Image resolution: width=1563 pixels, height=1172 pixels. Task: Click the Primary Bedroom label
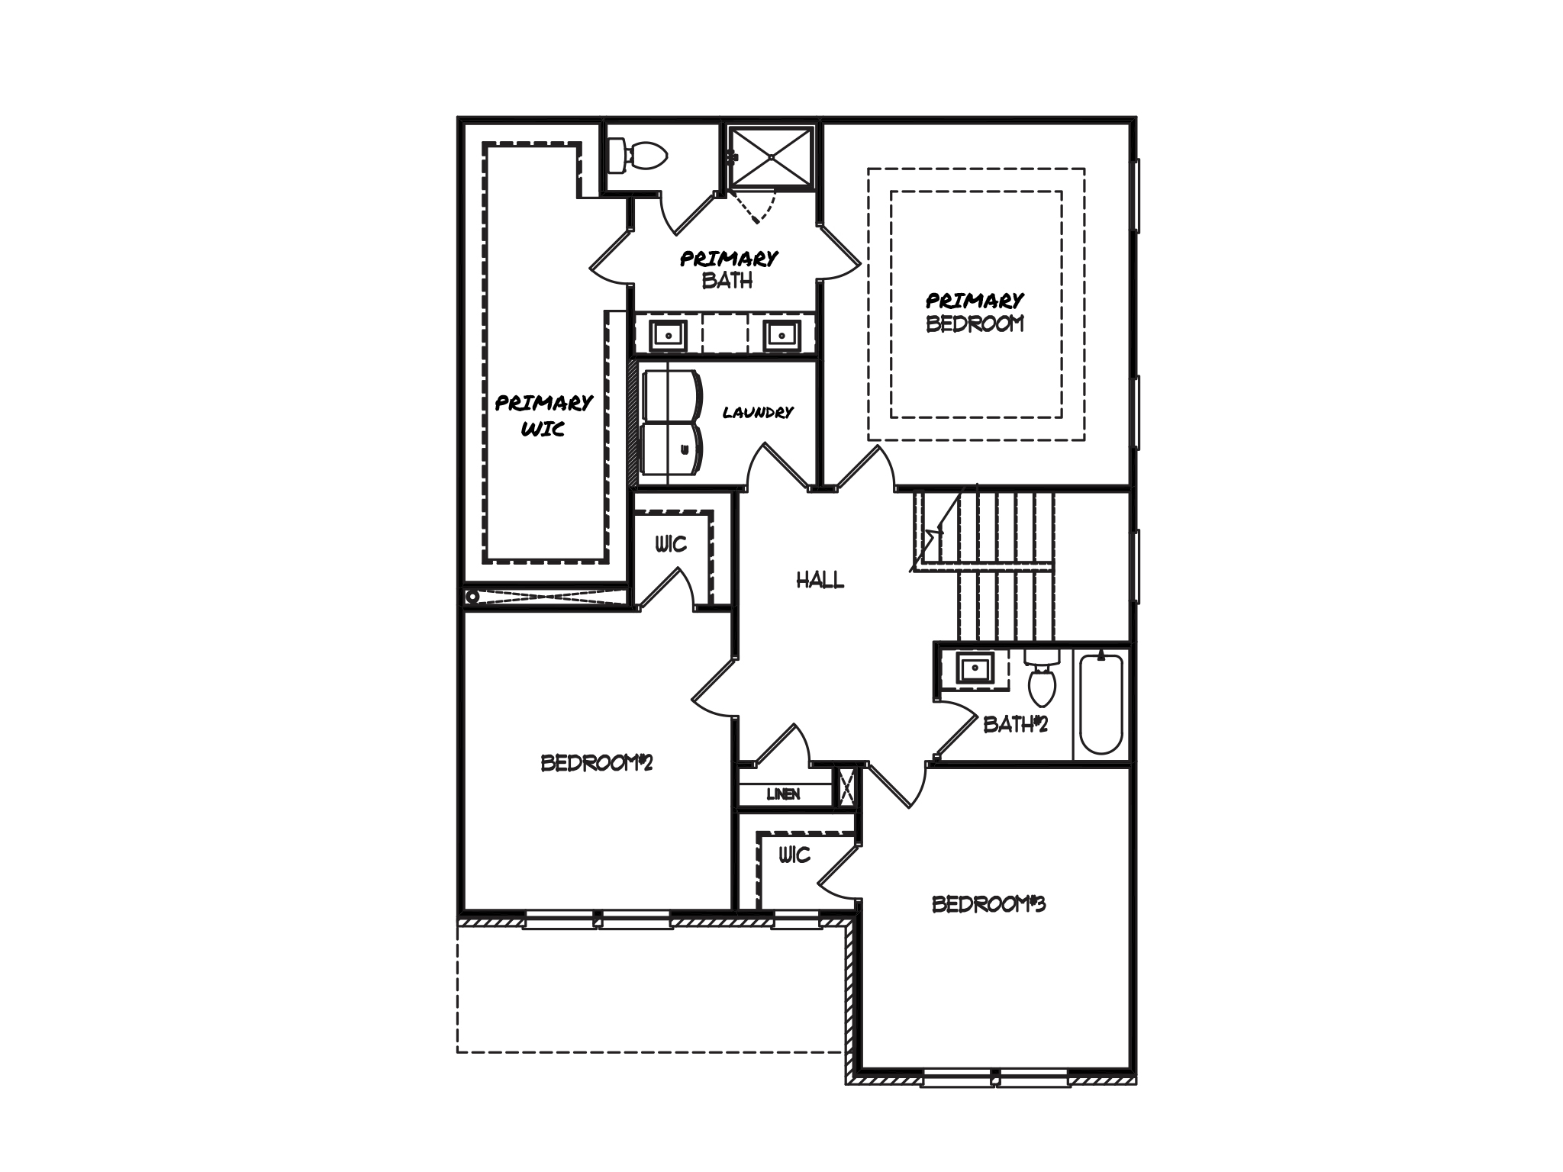tap(975, 312)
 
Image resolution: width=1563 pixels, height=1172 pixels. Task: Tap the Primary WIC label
tap(543, 415)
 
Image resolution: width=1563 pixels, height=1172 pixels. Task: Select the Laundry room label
tap(758, 413)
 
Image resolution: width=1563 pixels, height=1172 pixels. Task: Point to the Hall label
tap(820, 581)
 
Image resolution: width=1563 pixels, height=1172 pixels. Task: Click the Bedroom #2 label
tap(597, 763)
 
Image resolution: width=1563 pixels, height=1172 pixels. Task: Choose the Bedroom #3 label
tap(989, 904)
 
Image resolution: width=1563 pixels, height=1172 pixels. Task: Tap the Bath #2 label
tap(1015, 724)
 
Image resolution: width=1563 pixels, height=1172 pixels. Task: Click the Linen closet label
tap(783, 794)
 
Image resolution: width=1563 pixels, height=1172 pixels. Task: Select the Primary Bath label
tap(729, 269)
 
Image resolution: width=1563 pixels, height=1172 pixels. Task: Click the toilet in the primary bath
tap(636, 156)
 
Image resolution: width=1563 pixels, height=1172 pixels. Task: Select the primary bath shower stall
tap(772, 157)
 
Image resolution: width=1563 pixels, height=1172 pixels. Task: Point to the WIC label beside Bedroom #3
tap(794, 855)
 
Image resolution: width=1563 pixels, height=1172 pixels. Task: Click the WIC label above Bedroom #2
tap(671, 544)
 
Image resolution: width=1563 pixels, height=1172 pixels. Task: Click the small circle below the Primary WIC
tap(472, 597)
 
